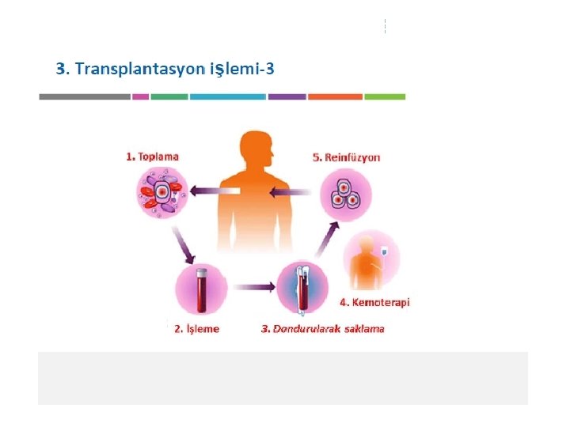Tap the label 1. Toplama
click(152, 157)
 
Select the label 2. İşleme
click(196, 329)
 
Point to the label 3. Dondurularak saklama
click(322, 329)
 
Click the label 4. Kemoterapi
click(374, 302)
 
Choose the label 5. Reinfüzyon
click(347, 157)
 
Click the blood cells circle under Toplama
click(161, 193)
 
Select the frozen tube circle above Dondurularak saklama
click(301, 289)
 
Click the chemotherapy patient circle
click(372, 259)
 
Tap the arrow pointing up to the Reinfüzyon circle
click(327, 239)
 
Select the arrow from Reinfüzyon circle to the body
click(290, 191)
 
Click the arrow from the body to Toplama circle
click(214, 191)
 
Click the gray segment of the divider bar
click(85, 97)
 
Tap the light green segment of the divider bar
click(385, 97)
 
